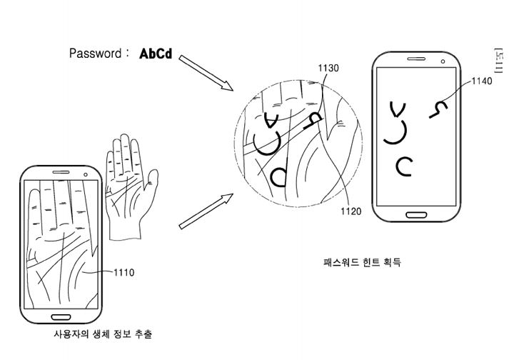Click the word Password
pyautogui.click(x=95, y=54)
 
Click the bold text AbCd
pyautogui.click(x=156, y=54)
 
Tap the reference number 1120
pyautogui.click(x=351, y=211)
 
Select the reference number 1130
pyautogui.click(x=328, y=69)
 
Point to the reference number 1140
pyautogui.click(x=482, y=81)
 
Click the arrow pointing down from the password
pyautogui.click(x=206, y=74)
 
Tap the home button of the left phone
pyautogui.click(x=60, y=311)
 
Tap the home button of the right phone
pyautogui.click(x=415, y=214)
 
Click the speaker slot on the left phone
pyautogui.click(x=61, y=172)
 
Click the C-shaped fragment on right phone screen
pyautogui.click(x=405, y=166)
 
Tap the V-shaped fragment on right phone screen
pyautogui.click(x=398, y=109)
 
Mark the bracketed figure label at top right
pyautogui.click(x=498, y=61)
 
